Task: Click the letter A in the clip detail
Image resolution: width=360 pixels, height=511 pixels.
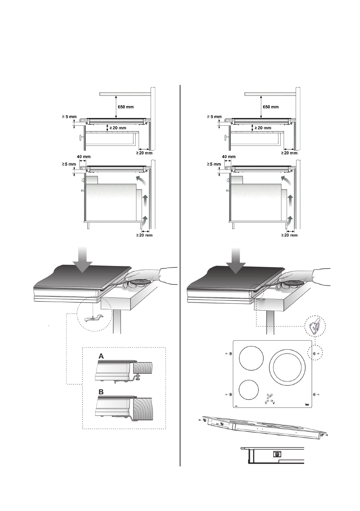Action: pos(102,356)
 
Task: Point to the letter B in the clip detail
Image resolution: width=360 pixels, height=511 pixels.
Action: pos(102,392)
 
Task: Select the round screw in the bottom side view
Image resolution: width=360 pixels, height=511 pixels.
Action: pos(277,454)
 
